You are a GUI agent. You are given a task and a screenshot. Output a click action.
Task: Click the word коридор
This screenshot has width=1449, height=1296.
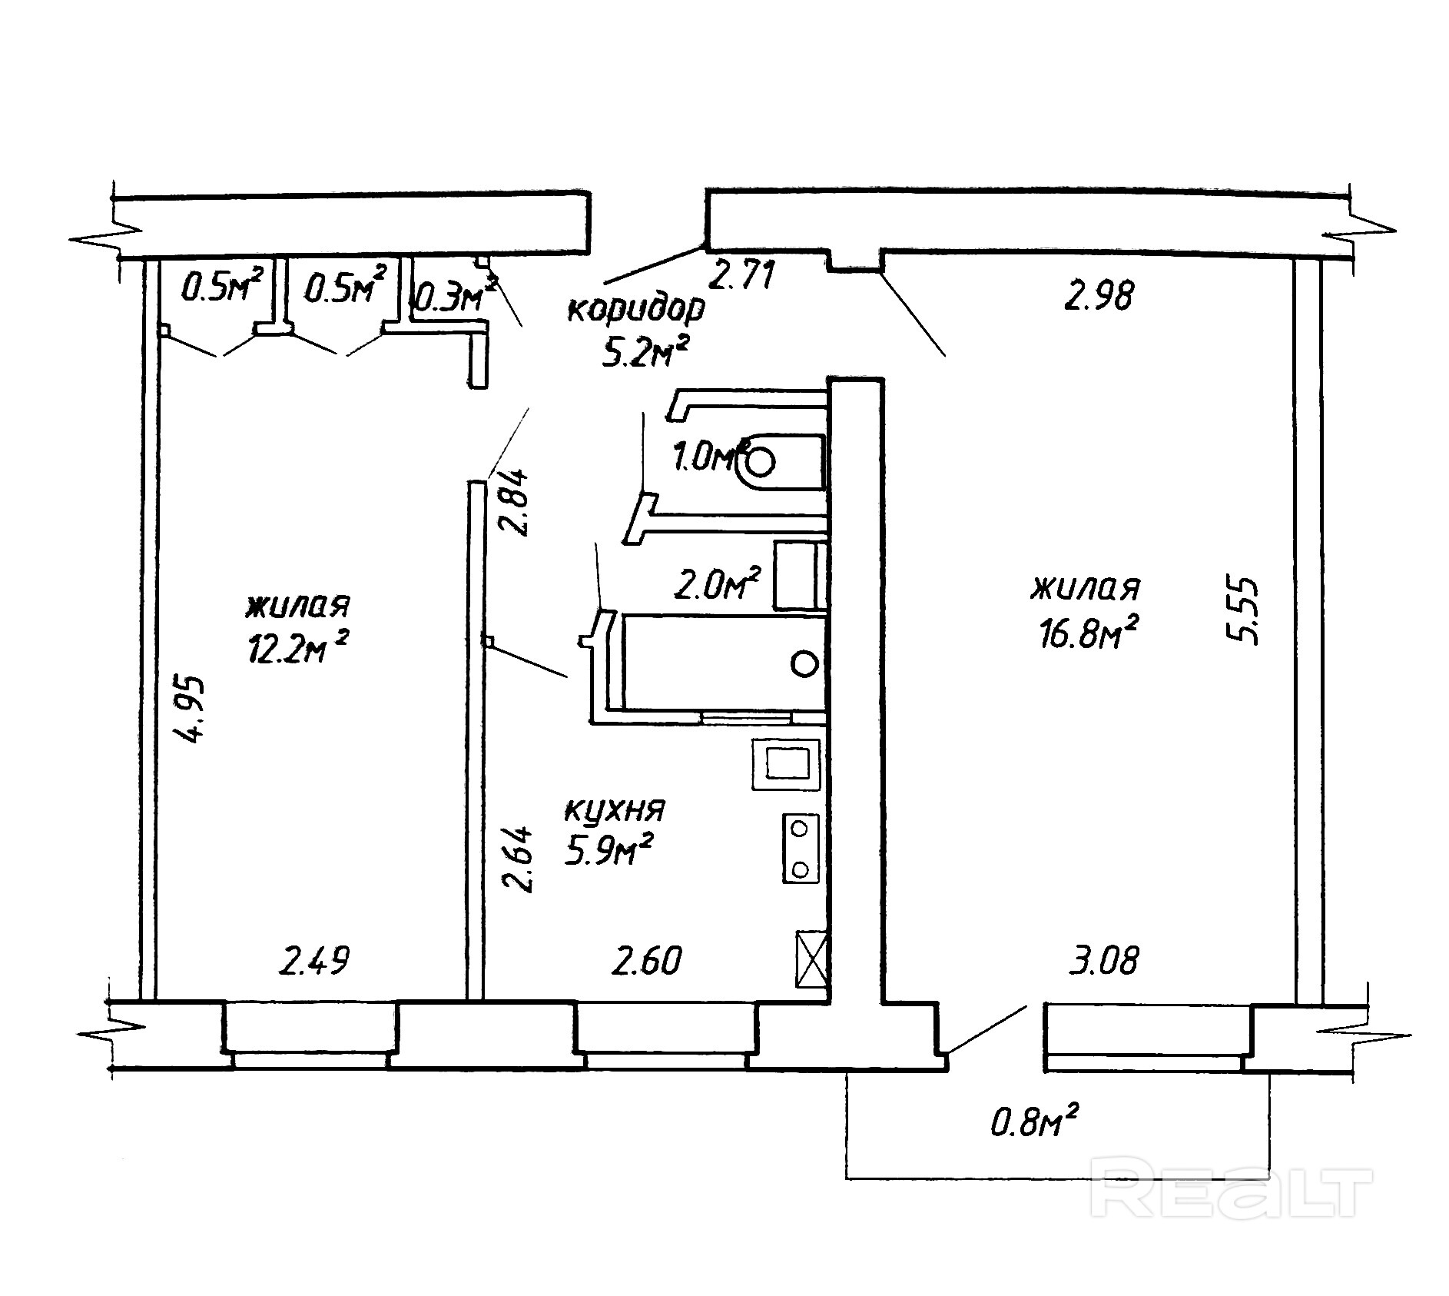point(635,310)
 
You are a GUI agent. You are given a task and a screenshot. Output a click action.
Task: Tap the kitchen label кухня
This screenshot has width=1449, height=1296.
point(615,810)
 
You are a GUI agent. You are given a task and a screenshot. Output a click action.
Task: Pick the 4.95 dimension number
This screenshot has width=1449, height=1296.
point(190,708)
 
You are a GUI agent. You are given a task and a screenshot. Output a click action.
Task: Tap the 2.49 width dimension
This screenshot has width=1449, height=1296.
point(314,961)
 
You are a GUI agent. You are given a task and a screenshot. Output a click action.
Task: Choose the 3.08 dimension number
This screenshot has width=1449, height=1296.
point(1104,960)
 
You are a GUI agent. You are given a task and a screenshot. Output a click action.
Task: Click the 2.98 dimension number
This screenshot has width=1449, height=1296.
point(1098,295)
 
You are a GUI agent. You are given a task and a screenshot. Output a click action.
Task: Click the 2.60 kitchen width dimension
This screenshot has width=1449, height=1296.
point(646,961)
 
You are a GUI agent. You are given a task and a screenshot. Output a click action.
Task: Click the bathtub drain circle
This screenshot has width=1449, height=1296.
point(804,663)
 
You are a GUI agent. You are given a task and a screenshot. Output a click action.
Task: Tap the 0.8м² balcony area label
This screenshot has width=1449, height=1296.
point(1034,1124)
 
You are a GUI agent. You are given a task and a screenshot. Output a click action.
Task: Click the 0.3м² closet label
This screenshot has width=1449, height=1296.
point(452,297)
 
